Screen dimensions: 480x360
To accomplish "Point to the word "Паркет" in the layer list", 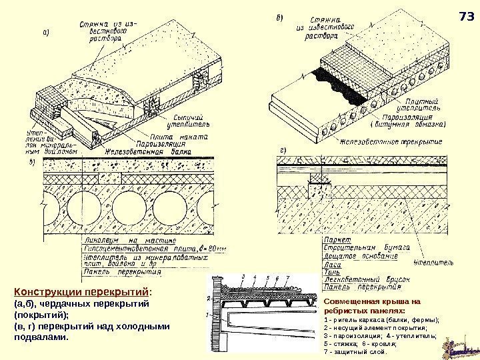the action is tap(333, 237).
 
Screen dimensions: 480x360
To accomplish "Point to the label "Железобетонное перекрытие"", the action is tap(391, 141).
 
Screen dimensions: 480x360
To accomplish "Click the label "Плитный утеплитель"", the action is tap(418, 103).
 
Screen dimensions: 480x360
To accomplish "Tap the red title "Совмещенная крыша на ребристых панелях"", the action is tap(363, 306).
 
